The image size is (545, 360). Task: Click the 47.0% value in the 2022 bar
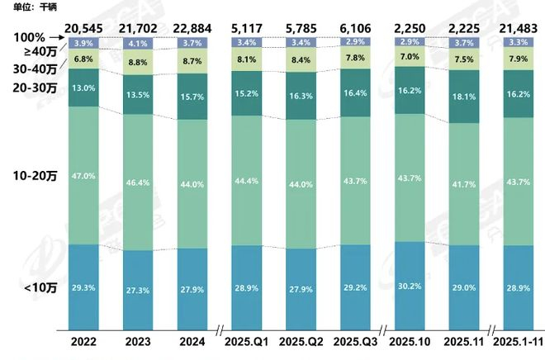(x=83, y=176)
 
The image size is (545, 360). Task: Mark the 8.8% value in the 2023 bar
(x=138, y=62)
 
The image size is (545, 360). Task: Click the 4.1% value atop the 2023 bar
(x=138, y=43)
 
